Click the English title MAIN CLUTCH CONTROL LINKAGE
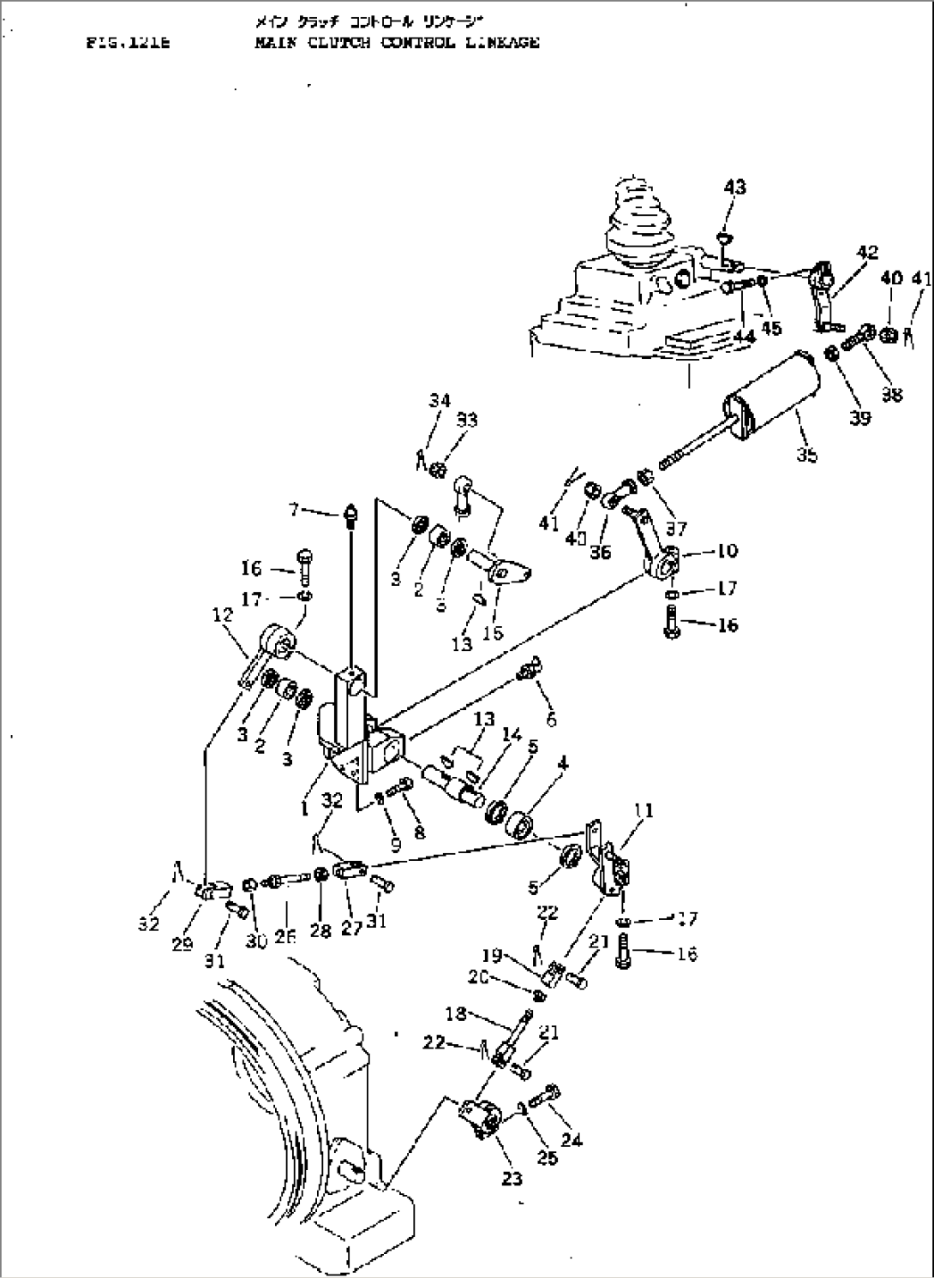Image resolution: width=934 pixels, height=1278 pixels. click(397, 42)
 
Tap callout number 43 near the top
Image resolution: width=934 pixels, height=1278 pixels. click(734, 187)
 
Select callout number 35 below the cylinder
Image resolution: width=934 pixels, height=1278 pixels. click(806, 455)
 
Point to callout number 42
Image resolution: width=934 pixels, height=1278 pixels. click(866, 252)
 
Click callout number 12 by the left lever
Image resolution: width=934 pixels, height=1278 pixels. click(222, 614)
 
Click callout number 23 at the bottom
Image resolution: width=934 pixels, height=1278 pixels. click(511, 1179)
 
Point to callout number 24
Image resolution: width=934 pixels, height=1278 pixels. click(572, 1139)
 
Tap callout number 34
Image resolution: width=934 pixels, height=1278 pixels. click(440, 400)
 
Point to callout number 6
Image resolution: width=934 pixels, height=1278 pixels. click(551, 720)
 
